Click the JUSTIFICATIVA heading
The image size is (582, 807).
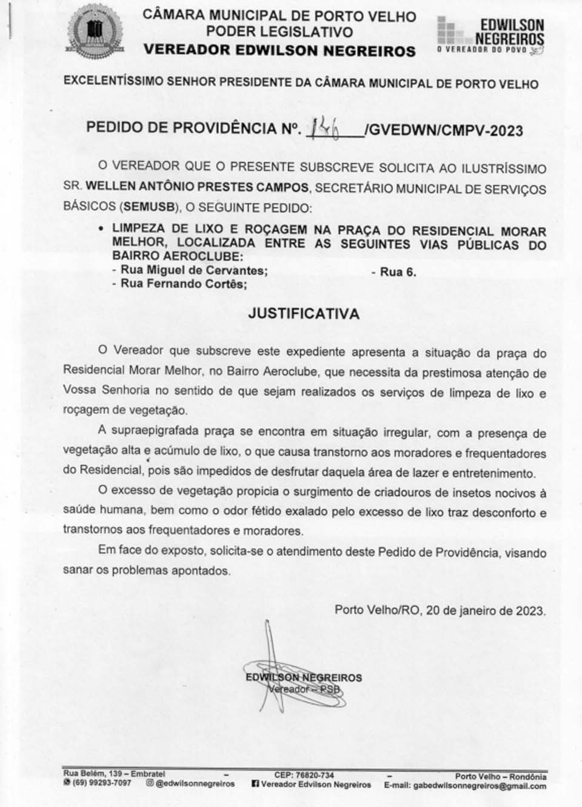pos(304,314)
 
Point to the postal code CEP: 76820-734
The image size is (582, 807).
pos(303,775)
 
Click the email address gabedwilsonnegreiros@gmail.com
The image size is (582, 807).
pos(479,786)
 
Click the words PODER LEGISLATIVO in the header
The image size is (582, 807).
pos(279,32)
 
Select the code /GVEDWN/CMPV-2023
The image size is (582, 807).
pos(443,130)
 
